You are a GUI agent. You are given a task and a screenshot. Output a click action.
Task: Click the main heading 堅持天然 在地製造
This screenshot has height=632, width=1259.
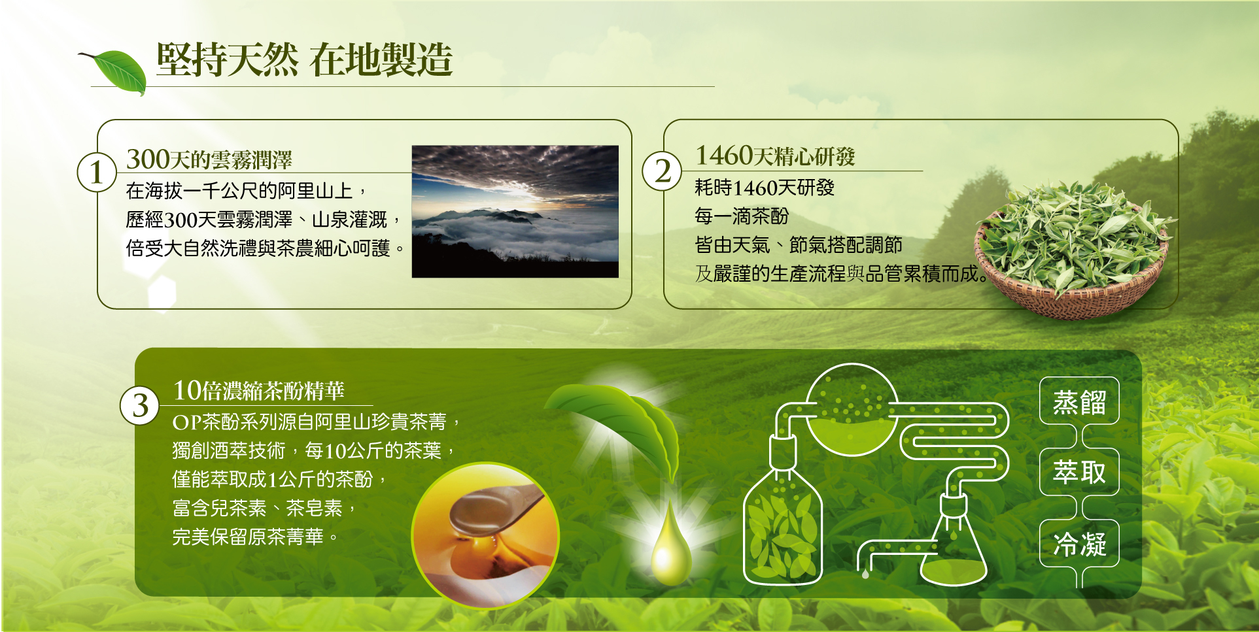[304, 59]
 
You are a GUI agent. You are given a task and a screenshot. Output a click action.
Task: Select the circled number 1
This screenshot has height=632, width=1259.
[97, 173]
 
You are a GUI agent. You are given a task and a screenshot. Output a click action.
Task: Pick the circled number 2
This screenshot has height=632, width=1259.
[662, 171]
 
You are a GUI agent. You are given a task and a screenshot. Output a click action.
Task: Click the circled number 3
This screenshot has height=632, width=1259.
[140, 406]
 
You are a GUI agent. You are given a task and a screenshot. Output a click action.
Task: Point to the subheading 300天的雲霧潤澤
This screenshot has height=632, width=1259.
[209, 159]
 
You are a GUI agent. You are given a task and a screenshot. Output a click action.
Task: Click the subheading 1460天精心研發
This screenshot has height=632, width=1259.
[775, 156]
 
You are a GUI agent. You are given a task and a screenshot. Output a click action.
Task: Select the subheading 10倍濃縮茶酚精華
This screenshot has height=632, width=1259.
[258, 391]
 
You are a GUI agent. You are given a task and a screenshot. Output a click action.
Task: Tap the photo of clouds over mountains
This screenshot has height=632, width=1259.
[515, 211]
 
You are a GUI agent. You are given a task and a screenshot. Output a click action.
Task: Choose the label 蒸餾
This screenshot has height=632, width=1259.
[1079, 402]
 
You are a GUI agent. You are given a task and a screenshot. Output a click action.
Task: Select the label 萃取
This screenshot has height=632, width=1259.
[1079, 472]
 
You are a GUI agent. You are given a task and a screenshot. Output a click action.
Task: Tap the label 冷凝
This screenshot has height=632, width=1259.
[1079, 544]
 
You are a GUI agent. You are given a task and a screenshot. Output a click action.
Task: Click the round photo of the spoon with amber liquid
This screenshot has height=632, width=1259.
[485, 535]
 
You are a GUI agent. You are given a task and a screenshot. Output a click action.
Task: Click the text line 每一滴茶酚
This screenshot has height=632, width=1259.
[742, 216]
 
